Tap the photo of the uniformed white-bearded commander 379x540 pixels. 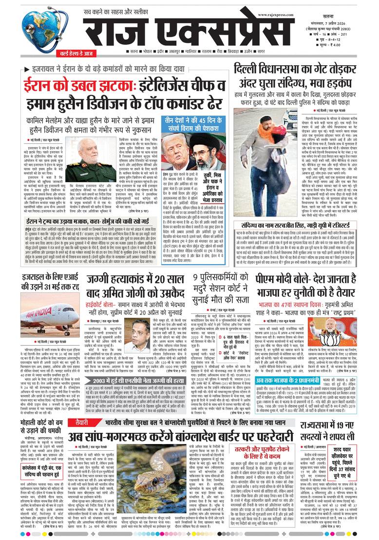click(x=82, y=158)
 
